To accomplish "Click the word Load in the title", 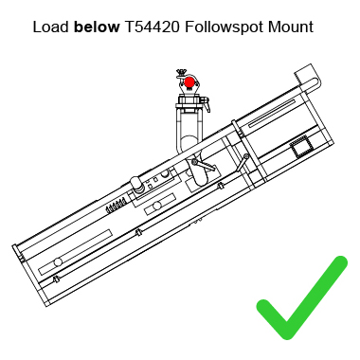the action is pyautogui.click(x=50, y=26).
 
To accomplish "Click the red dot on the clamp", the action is pyautogui.click(x=189, y=82).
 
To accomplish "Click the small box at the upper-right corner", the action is pyautogui.click(x=306, y=74).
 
